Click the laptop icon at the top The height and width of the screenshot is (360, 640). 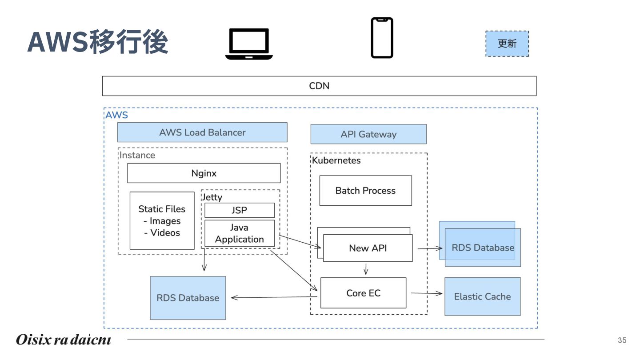coord(249,44)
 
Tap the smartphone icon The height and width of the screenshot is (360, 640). coord(382,38)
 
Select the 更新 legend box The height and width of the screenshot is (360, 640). coord(507,44)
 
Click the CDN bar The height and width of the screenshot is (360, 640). coord(319,86)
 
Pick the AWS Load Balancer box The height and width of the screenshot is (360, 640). coord(202,132)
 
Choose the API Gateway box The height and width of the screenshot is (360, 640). coord(368,134)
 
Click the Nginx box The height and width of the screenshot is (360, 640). coord(204,173)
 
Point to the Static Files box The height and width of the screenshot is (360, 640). coord(162,221)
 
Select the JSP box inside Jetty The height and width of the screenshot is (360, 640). coord(240,210)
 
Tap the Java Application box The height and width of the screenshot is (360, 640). coord(240,233)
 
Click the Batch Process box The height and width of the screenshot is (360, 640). coord(365,191)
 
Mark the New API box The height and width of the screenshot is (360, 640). coord(368,248)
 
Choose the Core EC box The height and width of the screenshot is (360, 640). coord(363,293)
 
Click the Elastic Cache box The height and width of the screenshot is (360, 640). coord(482,296)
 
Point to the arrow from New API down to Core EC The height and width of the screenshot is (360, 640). coord(366,269)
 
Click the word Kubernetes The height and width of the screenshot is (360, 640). coord(336,160)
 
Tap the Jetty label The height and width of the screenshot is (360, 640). coord(212,197)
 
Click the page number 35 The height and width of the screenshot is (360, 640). coord(622,340)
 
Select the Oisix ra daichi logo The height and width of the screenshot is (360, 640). coord(64,340)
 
